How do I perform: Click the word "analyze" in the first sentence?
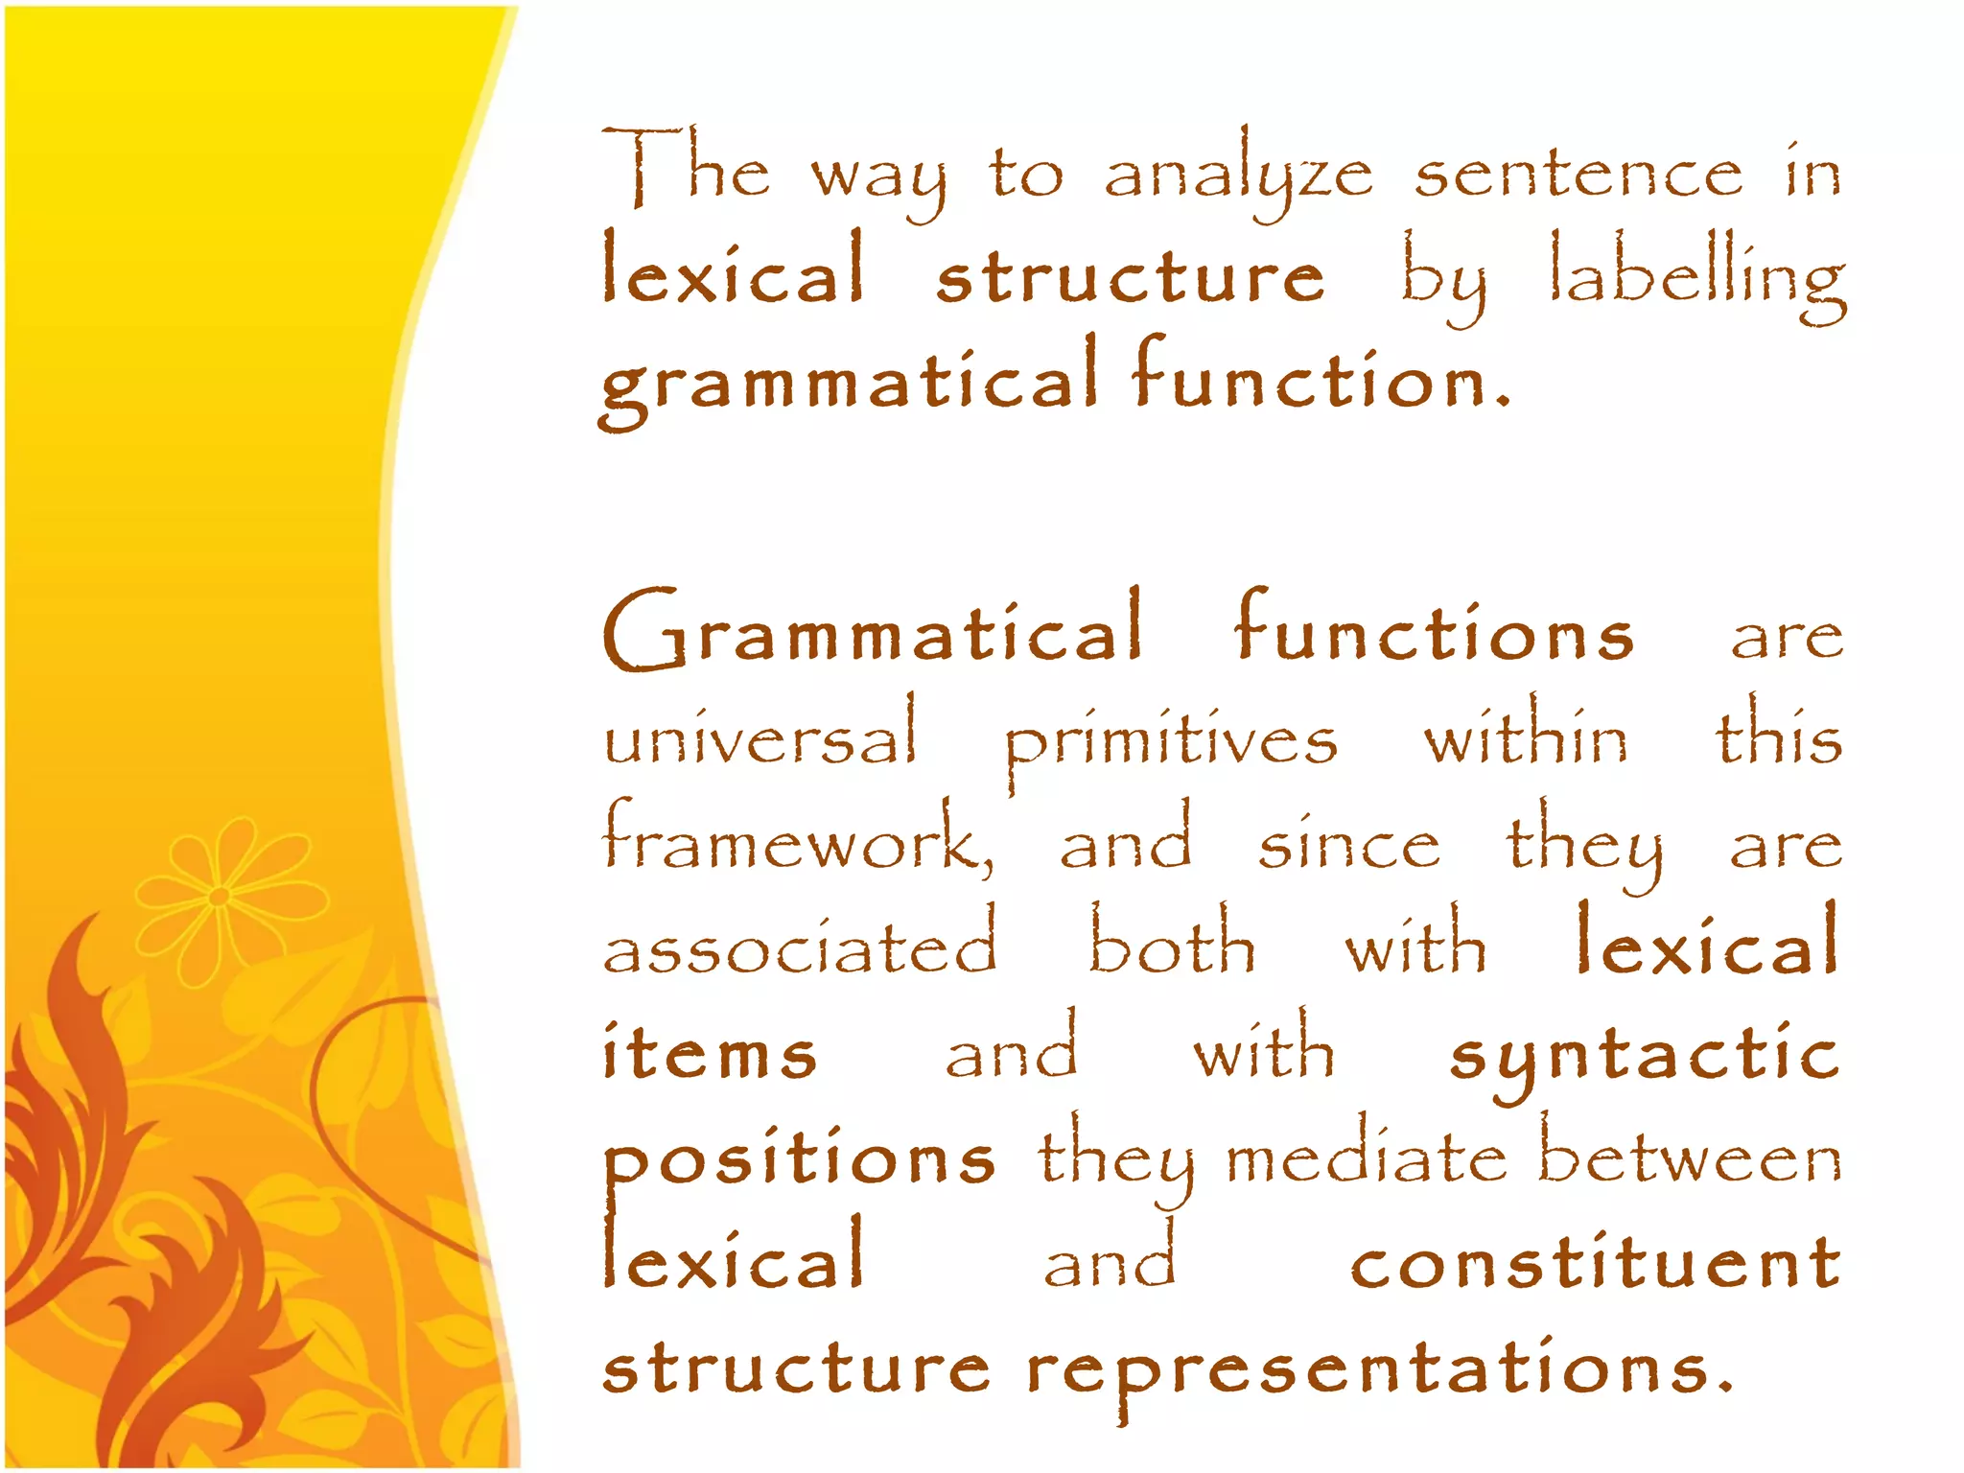(1238, 177)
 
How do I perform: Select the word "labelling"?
(1697, 278)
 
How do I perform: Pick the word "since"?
(1348, 845)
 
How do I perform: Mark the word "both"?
(1172, 945)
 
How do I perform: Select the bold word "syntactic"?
(1644, 1055)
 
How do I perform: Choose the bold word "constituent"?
(1596, 1261)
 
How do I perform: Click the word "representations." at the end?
(1379, 1369)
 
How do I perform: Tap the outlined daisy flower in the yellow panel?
(220, 898)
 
